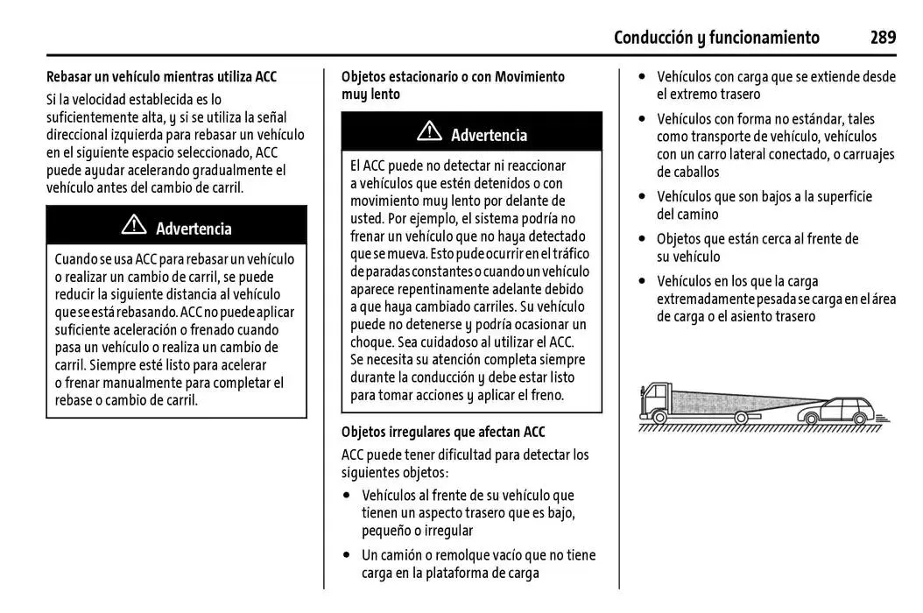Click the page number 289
(883, 37)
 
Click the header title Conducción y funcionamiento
(716, 37)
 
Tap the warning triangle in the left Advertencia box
(134, 226)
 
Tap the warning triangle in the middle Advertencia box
(429, 132)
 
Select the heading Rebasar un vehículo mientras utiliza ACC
(161, 77)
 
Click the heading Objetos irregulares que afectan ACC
(443, 432)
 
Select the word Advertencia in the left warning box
(194, 229)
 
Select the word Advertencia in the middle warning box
(489, 135)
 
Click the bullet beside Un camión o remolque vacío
(349, 555)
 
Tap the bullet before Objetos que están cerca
(644, 239)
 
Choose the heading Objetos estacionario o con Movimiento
(453, 77)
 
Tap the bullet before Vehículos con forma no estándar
(644, 119)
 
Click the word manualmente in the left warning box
(141, 383)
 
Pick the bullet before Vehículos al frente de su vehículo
(349, 496)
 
